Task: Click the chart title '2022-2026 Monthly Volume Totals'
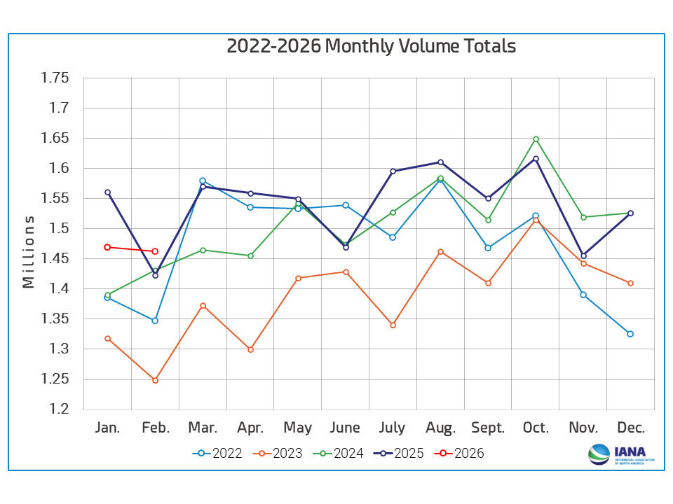point(371,46)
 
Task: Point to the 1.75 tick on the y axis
point(55,78)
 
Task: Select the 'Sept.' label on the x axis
point(488,428)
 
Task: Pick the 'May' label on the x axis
point(297,428)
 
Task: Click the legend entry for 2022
point(217,453)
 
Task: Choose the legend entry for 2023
point(278,453)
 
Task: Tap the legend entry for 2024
point(339,453)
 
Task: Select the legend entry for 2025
point(400,453)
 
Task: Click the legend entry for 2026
point(461,453)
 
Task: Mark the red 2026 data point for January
point(107,247)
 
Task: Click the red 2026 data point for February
point(155,251)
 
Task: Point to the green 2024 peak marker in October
point(536,139)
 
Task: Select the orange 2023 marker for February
point(155,380)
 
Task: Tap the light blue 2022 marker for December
point(630,334)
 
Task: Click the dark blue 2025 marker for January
point(107,192)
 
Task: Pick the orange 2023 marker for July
point(393,325)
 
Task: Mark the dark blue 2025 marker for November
point(583,255)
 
